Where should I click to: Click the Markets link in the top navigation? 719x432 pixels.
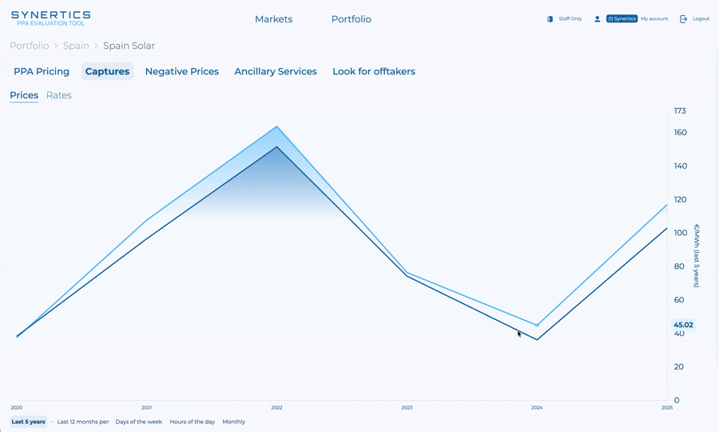tap(273, 19)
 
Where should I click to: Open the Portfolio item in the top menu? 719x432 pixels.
tap(352, 19)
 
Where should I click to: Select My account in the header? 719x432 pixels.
tap(654, 18)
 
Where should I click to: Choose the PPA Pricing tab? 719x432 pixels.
tap(42, 71)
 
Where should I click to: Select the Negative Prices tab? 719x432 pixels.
tap(181, 71)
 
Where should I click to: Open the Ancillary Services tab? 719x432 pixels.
tap(276, 71)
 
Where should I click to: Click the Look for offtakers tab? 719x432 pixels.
tap(374, 71)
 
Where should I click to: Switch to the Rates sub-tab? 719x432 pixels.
tap(59, 95)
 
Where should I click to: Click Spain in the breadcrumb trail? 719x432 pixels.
tap(76, 46)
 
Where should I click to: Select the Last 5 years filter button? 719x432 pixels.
tap(28, 422)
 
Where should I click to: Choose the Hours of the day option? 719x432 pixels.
tap(192, 422)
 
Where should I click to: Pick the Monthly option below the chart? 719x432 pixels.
tap(234, 422)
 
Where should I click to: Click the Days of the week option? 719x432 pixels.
tap(138, 422)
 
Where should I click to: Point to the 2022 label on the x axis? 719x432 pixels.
tap(276, 408)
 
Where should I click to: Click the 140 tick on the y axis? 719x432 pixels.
tap(680, 166)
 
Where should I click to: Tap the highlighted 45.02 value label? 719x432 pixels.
tap(683, 325)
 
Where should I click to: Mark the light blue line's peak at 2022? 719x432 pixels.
tap(277, 126)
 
